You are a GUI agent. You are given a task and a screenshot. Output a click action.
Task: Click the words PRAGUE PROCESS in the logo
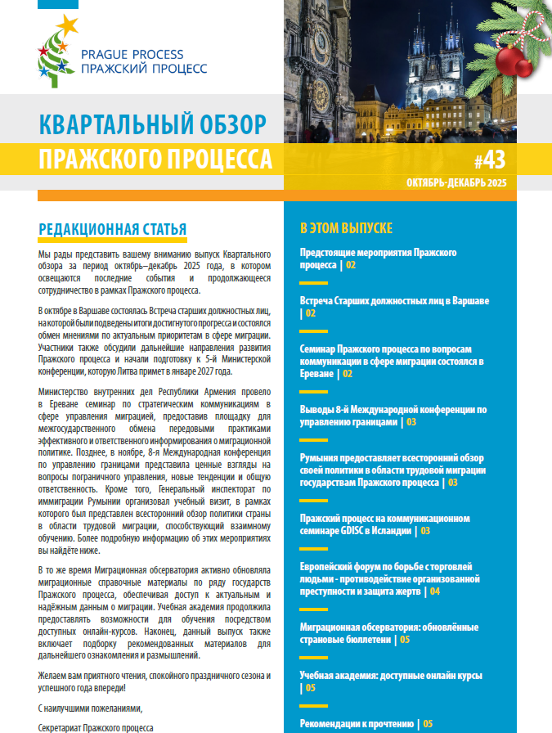pyautogui.click(x=132, y=55)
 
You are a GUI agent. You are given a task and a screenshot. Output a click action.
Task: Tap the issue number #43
pyautogui.click(x=490, y=159)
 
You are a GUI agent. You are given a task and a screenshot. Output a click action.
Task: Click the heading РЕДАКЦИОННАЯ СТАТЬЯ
pyautogui.click(x=112, y=228)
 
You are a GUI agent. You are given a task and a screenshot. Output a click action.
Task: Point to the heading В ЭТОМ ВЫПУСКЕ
pyautogui.click(x=346, y=228)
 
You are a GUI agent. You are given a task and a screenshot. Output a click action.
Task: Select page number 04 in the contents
pyautogui.click(x=434, y=591)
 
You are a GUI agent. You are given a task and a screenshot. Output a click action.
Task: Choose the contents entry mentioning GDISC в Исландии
pyautogui.click(x=384, y=524)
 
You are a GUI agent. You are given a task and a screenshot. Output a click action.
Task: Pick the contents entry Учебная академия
pyautogui.click(x=391, y=676)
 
